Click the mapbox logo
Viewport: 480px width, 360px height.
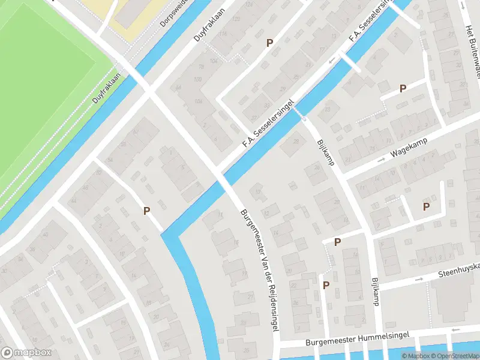tap(26, 353)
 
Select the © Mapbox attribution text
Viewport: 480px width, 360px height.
tap(415, 356)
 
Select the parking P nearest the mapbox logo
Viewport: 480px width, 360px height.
tap(146, 211)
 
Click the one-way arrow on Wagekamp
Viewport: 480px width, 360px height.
tap(381, 160)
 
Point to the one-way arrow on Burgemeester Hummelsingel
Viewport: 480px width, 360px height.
tap(456, 329)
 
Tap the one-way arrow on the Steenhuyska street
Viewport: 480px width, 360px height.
tap(419, 278)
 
